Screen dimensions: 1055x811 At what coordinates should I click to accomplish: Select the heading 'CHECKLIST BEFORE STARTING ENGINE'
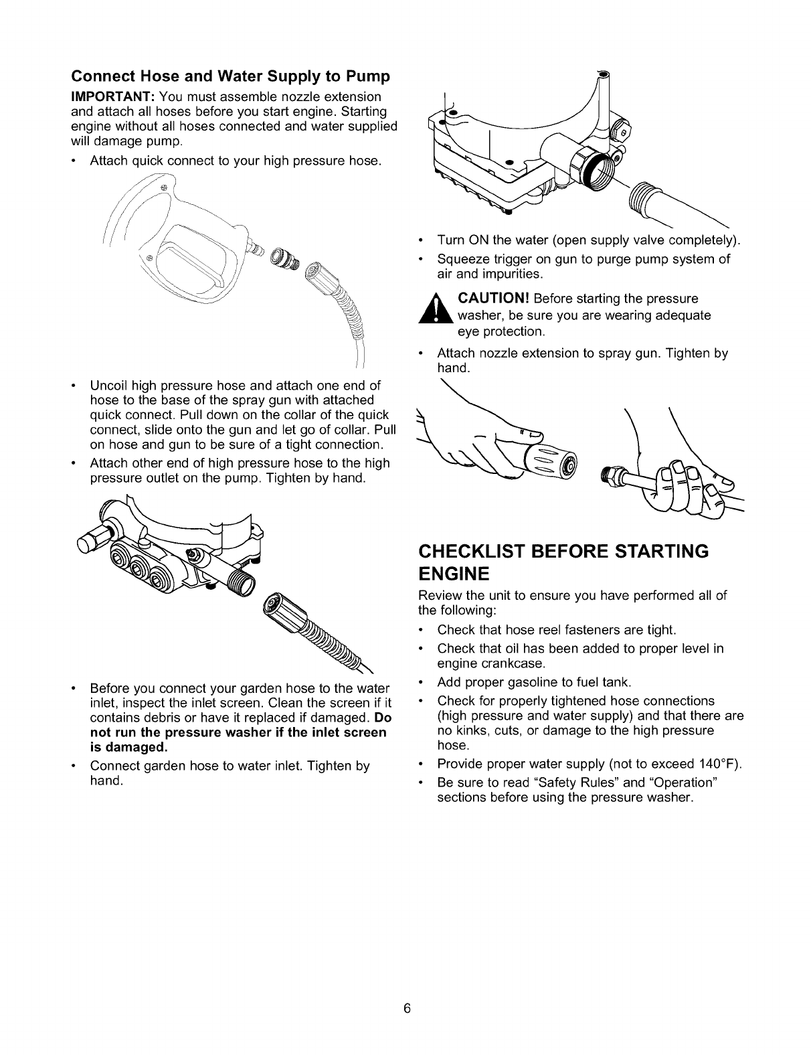tap(563, 562)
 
